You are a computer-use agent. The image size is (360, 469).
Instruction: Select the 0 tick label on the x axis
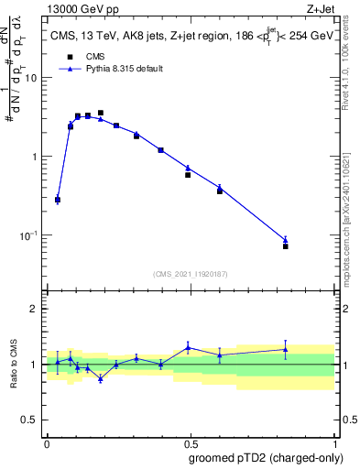coord(47,442)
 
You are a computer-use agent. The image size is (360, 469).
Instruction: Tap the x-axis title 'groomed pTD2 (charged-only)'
coord(266,457)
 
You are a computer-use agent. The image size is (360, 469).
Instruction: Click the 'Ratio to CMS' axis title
coord(15,365)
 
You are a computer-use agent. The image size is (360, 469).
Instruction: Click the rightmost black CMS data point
coord(286,246)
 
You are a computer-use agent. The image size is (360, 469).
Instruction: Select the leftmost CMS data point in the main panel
coord(58,200)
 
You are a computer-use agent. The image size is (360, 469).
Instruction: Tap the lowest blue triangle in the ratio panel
coord(100,378)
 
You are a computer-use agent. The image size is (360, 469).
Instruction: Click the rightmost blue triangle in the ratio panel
coord(286,349)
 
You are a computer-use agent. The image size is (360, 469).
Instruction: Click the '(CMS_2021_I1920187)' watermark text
coord(191,273)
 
